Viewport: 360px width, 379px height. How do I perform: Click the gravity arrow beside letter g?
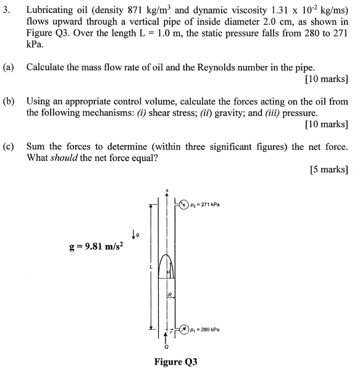(x=133, y=233)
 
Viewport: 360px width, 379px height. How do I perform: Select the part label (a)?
(x=12, y=67)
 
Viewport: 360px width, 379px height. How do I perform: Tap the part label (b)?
(x=12, y=101)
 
